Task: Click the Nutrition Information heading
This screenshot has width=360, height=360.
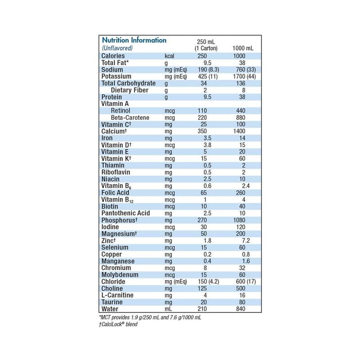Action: pos(134,40)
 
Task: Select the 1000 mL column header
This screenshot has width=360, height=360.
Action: pos(243,48)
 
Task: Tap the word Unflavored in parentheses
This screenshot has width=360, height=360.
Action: pos(117,48)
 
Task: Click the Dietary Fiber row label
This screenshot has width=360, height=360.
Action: pos(130,90)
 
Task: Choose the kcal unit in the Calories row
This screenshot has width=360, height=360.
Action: pos(170,56)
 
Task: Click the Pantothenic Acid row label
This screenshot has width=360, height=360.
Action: pos(126,213)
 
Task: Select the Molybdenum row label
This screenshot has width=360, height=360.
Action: pos(120,274)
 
